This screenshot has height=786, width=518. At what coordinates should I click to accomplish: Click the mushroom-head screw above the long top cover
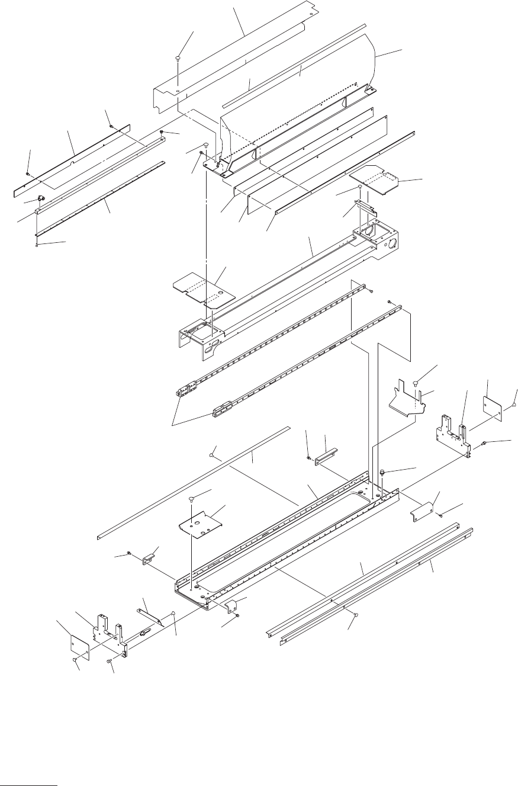178,58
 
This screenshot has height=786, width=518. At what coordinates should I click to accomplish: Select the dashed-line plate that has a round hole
203,288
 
